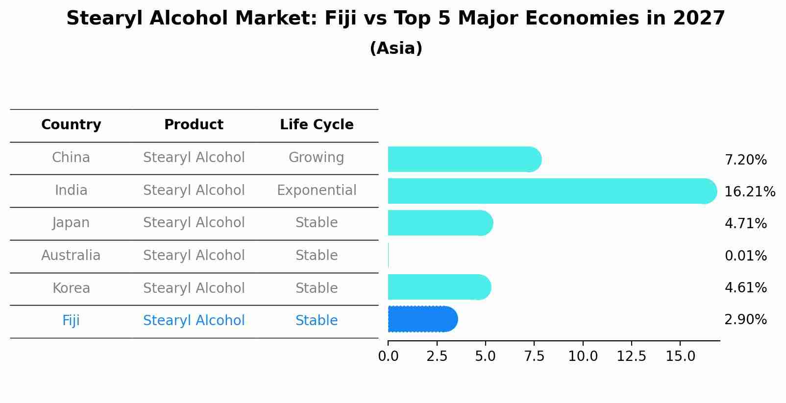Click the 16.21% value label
tap(749, 191)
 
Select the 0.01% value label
tap(745, 256)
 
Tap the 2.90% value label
tap(745, 320)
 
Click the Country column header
tap(71, 125)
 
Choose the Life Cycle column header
tap(317, 125)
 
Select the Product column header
tap(194, 125)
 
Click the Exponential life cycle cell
tap(317, 190)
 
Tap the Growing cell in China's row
tap(316, 158)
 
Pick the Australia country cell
tap(71, 256)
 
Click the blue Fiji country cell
tap(71, 321)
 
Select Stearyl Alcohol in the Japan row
tap(194, 223)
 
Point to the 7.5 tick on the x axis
tap(534, 356)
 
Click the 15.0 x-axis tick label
tap(680, 356)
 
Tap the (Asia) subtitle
tap(396, 48)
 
